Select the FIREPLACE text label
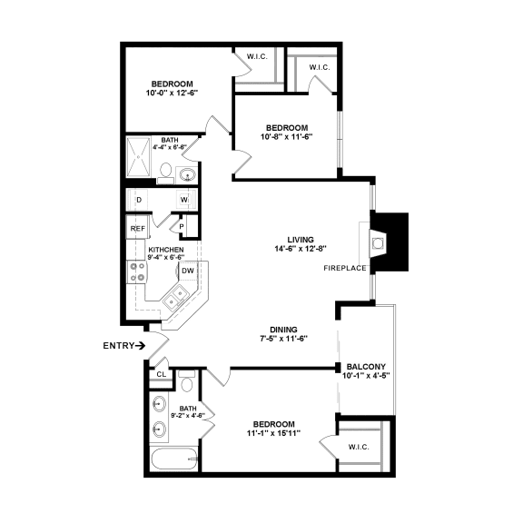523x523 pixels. [x=344, y=269]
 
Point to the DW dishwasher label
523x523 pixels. [x=187, y=270]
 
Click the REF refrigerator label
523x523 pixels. [x=137, y=229]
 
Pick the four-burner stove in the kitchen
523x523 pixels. [x=138, y=271]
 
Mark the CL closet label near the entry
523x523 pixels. [x=161, y=373]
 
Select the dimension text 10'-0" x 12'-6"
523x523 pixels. [x=172, y=93]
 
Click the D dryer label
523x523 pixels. [x=138, y=199]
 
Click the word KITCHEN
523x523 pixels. [x=166, y=250]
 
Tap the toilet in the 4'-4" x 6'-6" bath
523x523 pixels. [x=166, y=170]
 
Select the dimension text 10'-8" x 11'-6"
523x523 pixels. [x=287, y=137]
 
